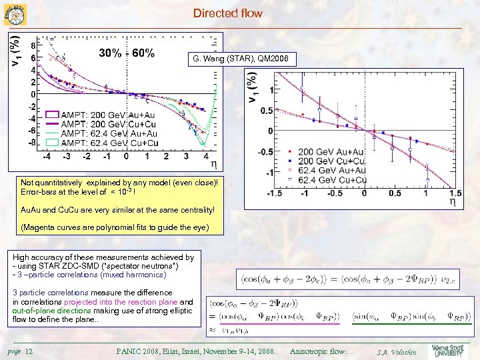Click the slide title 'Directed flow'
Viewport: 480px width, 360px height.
click(x=227, y=13)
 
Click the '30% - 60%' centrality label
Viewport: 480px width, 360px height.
click(x=127, y=53)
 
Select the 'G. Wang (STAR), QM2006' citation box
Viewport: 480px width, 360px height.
click(x=240, y=60)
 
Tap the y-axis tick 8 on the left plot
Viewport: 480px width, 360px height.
click(x=33, y=46)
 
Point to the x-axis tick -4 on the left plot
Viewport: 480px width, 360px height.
click(x=45, y=157)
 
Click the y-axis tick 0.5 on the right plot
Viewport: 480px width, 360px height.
click(x=265, y=111)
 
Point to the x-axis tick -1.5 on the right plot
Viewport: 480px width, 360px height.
click(x=273, y=193)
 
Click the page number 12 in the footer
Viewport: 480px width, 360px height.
click(x=29, y=351)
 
